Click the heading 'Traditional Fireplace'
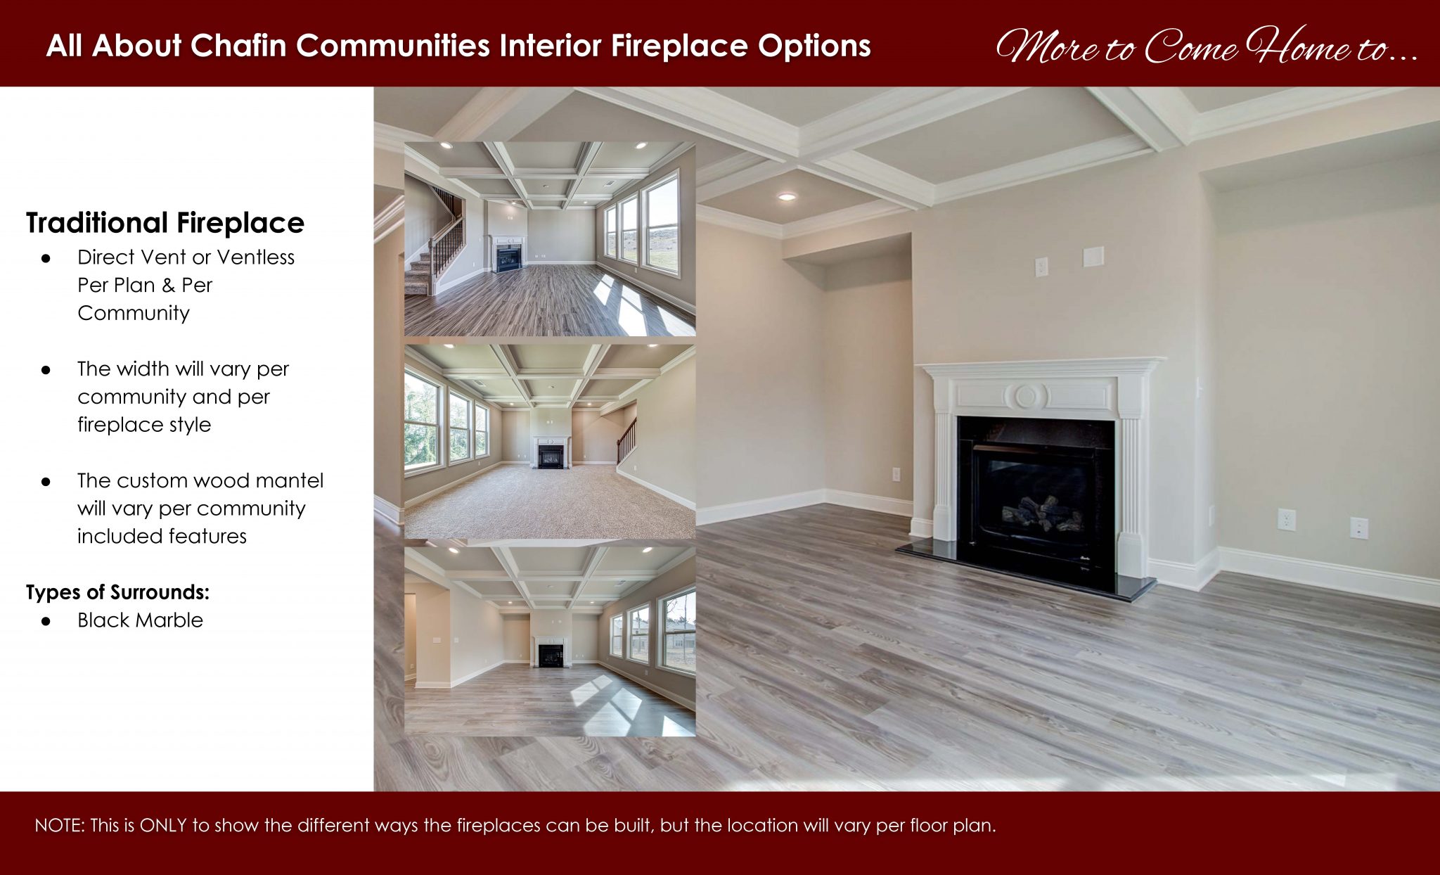pos(165,223)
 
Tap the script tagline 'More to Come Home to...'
pos(1205,46)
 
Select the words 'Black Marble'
pos(140,620)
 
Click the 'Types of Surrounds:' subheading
pos(117,592)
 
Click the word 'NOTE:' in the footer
pos(59,825)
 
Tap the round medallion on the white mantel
pos(1025,396)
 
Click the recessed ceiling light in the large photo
pos(786,197)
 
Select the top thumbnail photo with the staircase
pos(549,239)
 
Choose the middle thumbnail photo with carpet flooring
pos(549,441)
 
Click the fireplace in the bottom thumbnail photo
pos(551,653)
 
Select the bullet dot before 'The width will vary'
pos(46,369)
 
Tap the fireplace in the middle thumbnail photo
pos(551,453)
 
